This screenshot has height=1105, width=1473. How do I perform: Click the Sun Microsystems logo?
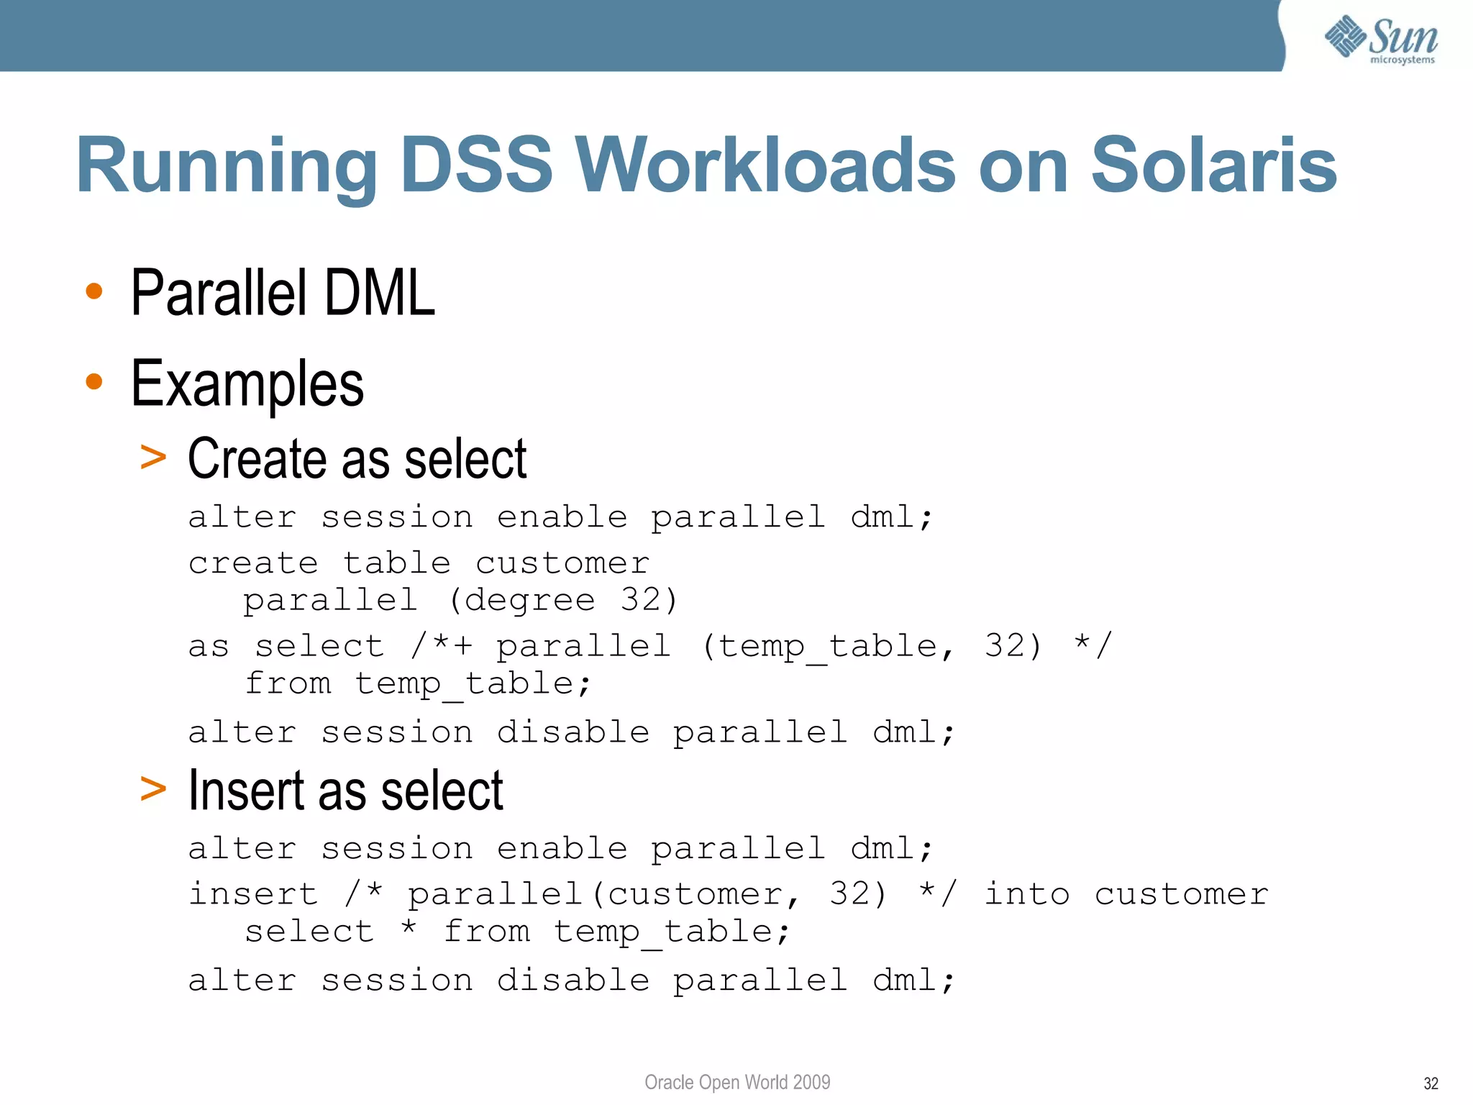[1381, 40]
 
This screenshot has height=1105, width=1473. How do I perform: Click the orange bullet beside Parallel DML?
[94, 291]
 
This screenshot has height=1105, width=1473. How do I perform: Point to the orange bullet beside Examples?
[94, 381]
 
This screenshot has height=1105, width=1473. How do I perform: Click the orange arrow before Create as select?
[153, 457]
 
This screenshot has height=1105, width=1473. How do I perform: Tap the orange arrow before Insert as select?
[153, 788]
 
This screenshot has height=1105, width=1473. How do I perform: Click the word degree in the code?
[529, 600]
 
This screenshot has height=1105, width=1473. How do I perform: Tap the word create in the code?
[253, 563]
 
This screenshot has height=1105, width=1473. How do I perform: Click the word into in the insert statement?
[1026, 894]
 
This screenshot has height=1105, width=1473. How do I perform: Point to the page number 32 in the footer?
[1431, 1083]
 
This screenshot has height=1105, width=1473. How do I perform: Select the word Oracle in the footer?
[668, 1082]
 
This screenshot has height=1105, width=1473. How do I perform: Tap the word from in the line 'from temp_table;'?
[288, 683]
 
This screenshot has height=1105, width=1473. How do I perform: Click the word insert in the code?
[253, 894]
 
